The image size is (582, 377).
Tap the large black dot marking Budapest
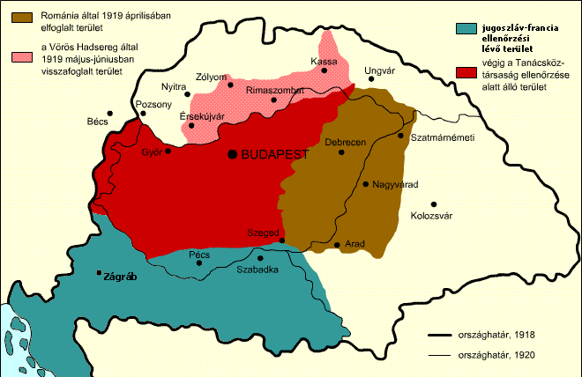[x=233, y=154]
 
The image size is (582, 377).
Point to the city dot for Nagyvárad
[x=366, y=184]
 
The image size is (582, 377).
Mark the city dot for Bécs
[x=109, y=113]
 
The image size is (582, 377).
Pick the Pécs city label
[x=200, y=255]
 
